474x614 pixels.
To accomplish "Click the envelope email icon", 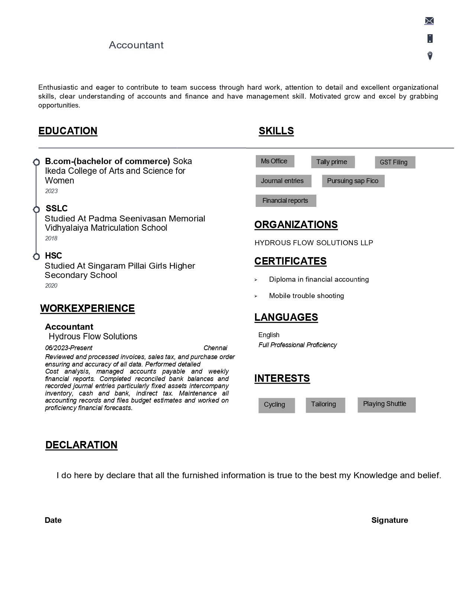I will coord(429,21).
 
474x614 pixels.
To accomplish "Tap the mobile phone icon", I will coord(430,38).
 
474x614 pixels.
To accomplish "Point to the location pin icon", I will coord(430,56).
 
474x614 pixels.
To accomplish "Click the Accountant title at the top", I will coord(136,45).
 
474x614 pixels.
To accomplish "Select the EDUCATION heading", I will coord(68,131).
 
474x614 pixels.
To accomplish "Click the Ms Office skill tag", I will coord(274,161).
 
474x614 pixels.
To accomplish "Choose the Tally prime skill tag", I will coord(332,162).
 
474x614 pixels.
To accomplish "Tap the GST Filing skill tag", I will coord(394,162).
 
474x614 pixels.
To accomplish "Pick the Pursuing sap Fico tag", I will coord(353,181).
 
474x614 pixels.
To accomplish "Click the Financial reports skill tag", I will coord(286,201).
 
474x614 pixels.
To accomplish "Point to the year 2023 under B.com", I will coord(51,191).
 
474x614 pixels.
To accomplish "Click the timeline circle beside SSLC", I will coord(36,210).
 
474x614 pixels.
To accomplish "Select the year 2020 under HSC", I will coord(51,286).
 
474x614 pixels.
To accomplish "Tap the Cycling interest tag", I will coord(276,405).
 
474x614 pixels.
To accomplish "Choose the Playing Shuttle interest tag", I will coord(386,404).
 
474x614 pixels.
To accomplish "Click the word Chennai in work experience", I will coord(215,348).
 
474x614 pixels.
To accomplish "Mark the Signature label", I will coord(390,520).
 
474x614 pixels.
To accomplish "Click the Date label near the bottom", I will coord(53,520).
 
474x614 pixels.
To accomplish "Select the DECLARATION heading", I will coord(81,445).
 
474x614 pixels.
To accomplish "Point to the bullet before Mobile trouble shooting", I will coord(256,296).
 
